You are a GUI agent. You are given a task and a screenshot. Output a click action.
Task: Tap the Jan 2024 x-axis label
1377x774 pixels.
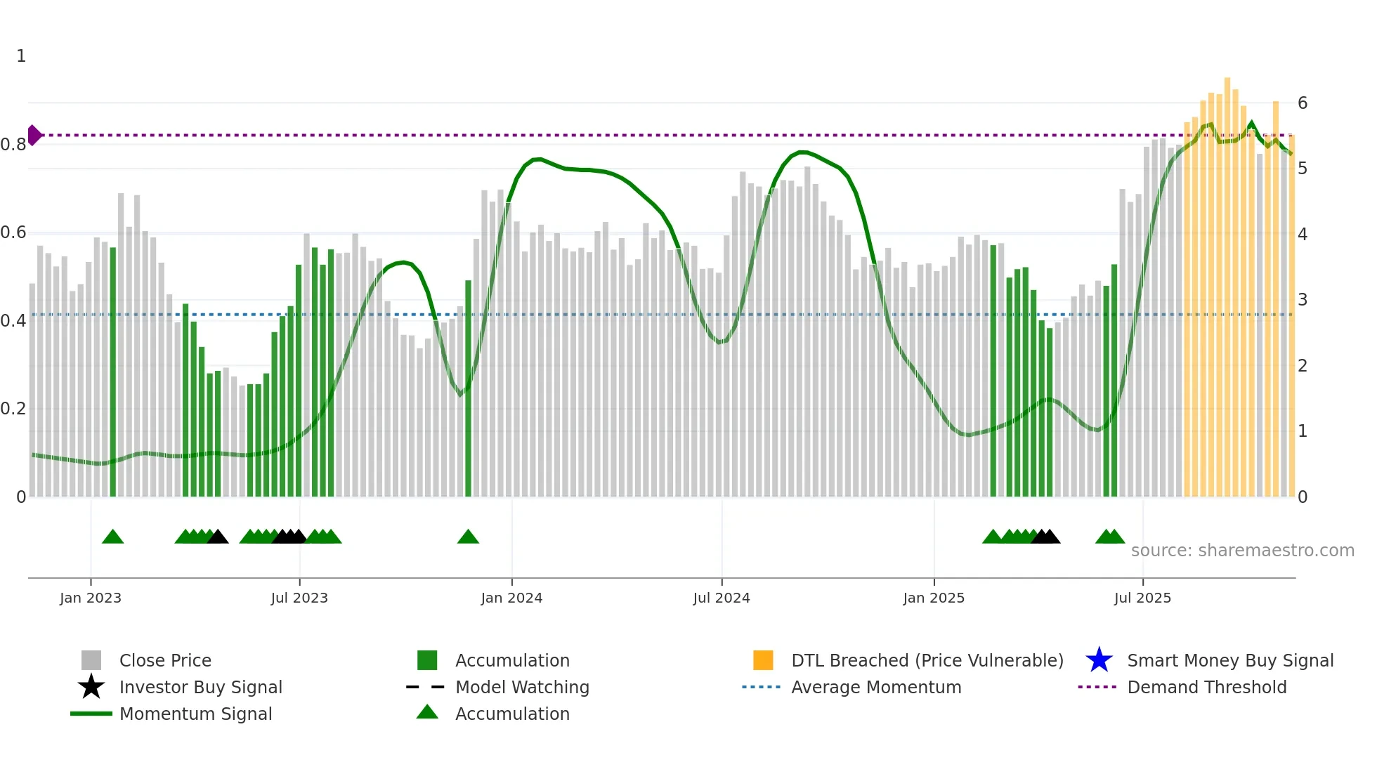(511, 598)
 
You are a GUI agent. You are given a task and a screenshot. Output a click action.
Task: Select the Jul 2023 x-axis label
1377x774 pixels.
(299, 598)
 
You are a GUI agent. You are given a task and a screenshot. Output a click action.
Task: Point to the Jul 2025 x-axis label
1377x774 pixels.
(1142, 598)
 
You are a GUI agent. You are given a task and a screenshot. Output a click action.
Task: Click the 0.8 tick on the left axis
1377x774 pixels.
(13, 145)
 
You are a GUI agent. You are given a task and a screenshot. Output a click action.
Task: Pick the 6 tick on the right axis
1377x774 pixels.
(1303, 103)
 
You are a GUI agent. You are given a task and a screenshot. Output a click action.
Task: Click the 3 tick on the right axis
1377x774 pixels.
(1303, 300)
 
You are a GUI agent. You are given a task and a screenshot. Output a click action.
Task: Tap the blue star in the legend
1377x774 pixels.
(1099, 660)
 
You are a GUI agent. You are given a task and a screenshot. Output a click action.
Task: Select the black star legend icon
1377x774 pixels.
(91, 687)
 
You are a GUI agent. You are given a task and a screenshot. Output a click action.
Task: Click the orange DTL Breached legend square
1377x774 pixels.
(763, 660)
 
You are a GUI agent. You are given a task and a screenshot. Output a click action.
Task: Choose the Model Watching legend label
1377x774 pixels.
(522, 687)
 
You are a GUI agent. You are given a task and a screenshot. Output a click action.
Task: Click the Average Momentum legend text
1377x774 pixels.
(876, 687)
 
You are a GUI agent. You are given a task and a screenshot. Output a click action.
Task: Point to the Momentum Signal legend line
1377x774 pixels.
(91, 714)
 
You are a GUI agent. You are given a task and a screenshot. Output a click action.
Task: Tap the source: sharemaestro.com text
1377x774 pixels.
(1242, 551)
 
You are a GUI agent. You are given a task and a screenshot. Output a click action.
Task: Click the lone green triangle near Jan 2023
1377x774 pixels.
(112, 537)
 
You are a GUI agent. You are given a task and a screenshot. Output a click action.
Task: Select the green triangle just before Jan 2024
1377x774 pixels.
(468, 537)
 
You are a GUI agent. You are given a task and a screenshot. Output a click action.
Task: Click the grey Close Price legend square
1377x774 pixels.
(91, 660)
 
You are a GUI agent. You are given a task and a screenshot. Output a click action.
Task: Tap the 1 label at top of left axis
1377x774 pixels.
(21, 56)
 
